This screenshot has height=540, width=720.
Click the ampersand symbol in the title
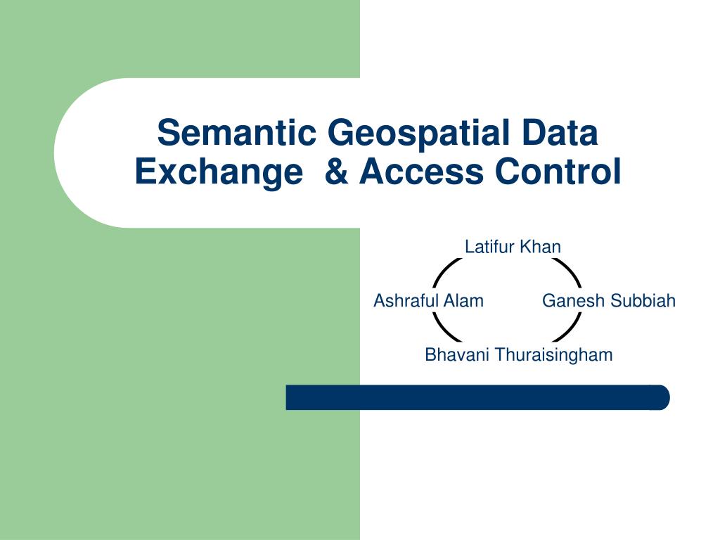click(x=337, y=172)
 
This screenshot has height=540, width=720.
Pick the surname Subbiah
click(x=643, y=301)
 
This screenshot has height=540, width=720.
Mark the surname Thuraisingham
click(x=554, y=355)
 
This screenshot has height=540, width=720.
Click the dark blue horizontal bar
click(x=477, y=397)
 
